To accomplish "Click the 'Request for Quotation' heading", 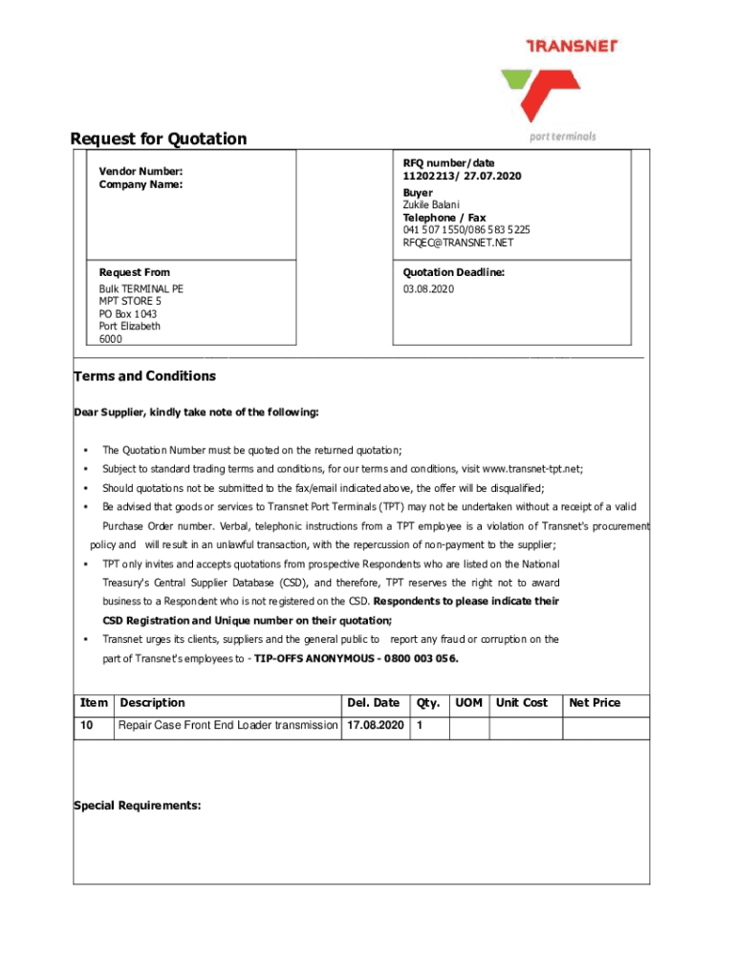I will pos(159,138).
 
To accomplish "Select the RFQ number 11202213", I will pos(428,177).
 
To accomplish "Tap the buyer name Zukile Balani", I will pos(431,204).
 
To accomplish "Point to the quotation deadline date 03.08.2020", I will pos(428,288).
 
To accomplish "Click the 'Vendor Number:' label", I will pos(141,171).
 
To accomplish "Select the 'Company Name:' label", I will pos(141,184).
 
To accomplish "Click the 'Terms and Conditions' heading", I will pos(145,376).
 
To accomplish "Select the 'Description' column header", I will pos(152,703).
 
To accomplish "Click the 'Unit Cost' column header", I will pos(521,703).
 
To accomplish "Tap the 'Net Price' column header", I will pos(595,703).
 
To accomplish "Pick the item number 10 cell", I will pos(87,726).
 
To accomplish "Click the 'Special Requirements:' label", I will pos(138,805).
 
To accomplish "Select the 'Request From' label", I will pos(134,272).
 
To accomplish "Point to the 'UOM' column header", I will pos(468,703).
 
